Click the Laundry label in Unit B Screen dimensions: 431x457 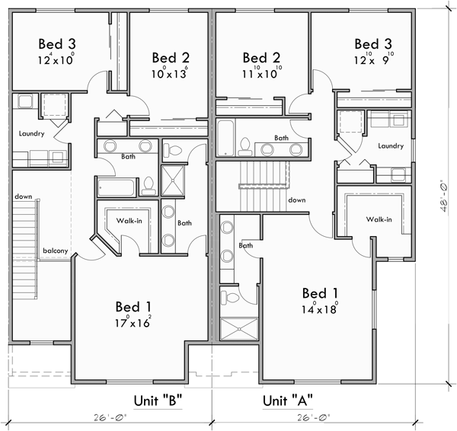tap(27, 134)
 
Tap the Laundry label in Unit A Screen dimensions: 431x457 tap(390, 145)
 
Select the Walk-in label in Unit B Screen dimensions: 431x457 tap(125, 221)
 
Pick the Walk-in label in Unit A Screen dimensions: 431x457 tap(378, 219)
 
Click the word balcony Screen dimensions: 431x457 tap(56, 251)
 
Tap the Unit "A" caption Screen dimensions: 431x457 tap(288, 400)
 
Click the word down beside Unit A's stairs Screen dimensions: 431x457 tap(297, 200)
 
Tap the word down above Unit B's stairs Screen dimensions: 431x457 tap(22, 196)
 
